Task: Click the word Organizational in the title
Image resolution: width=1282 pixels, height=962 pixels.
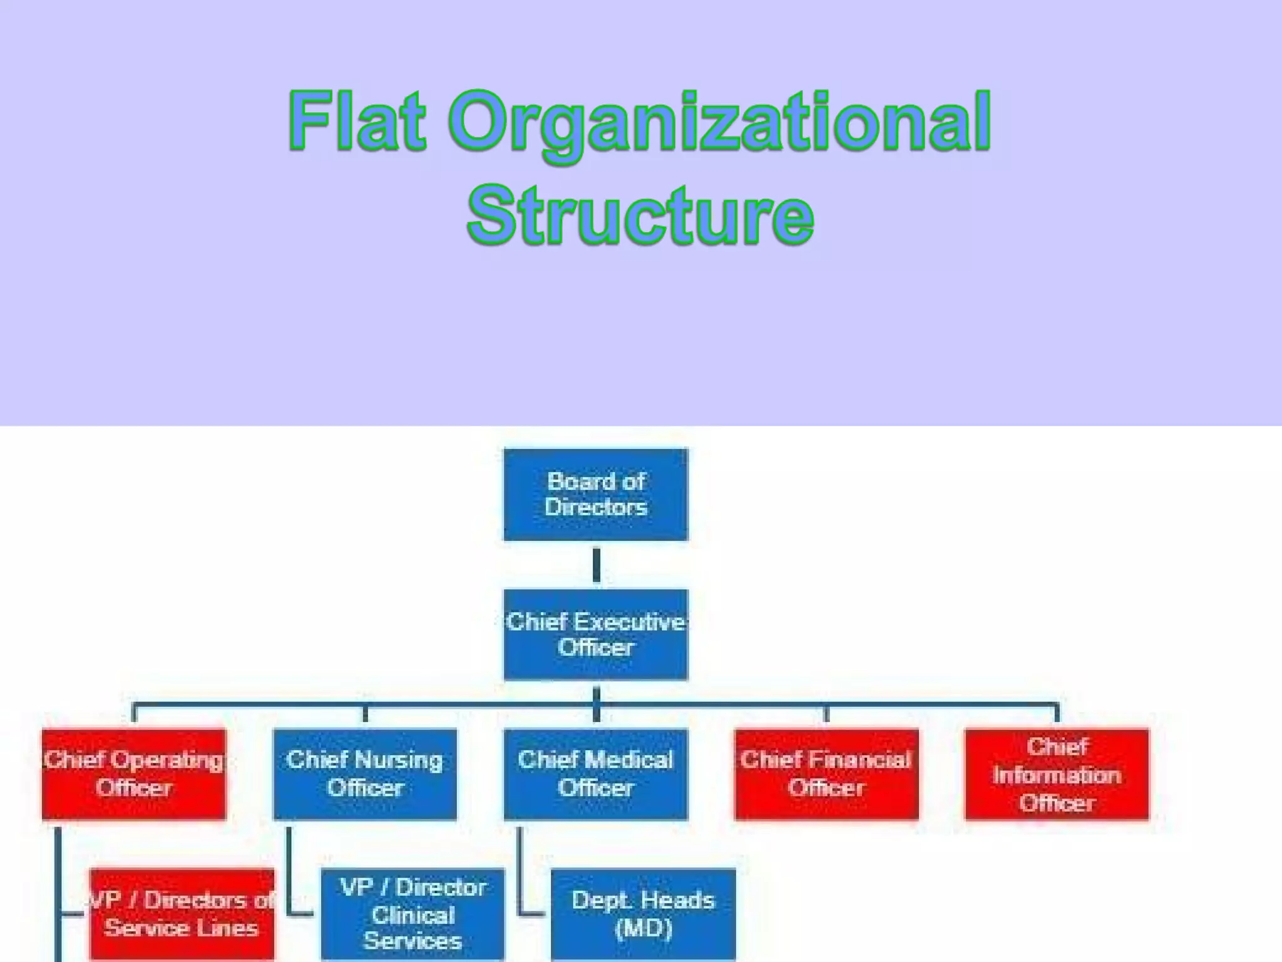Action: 720,123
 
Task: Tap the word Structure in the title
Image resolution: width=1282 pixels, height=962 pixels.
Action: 640,215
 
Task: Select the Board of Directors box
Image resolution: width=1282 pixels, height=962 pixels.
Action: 595,494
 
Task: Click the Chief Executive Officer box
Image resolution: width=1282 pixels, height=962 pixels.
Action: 595,634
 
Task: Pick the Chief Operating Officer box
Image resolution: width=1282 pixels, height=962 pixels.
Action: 134,774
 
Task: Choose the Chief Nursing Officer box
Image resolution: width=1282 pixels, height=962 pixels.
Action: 365,774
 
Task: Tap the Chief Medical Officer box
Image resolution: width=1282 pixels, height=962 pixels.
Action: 595,774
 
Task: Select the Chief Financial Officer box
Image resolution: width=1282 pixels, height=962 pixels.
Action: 826,774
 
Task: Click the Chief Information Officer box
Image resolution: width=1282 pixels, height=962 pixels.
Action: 1057,774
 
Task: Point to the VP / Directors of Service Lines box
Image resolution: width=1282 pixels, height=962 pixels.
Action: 182,914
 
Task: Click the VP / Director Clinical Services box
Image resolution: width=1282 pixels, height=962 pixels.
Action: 413,914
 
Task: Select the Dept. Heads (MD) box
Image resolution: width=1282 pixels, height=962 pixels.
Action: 644,914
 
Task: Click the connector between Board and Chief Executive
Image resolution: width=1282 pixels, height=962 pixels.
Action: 596,565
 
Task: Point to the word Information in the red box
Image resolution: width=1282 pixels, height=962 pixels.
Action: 1057,775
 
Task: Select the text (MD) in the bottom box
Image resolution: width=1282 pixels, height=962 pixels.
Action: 644,928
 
